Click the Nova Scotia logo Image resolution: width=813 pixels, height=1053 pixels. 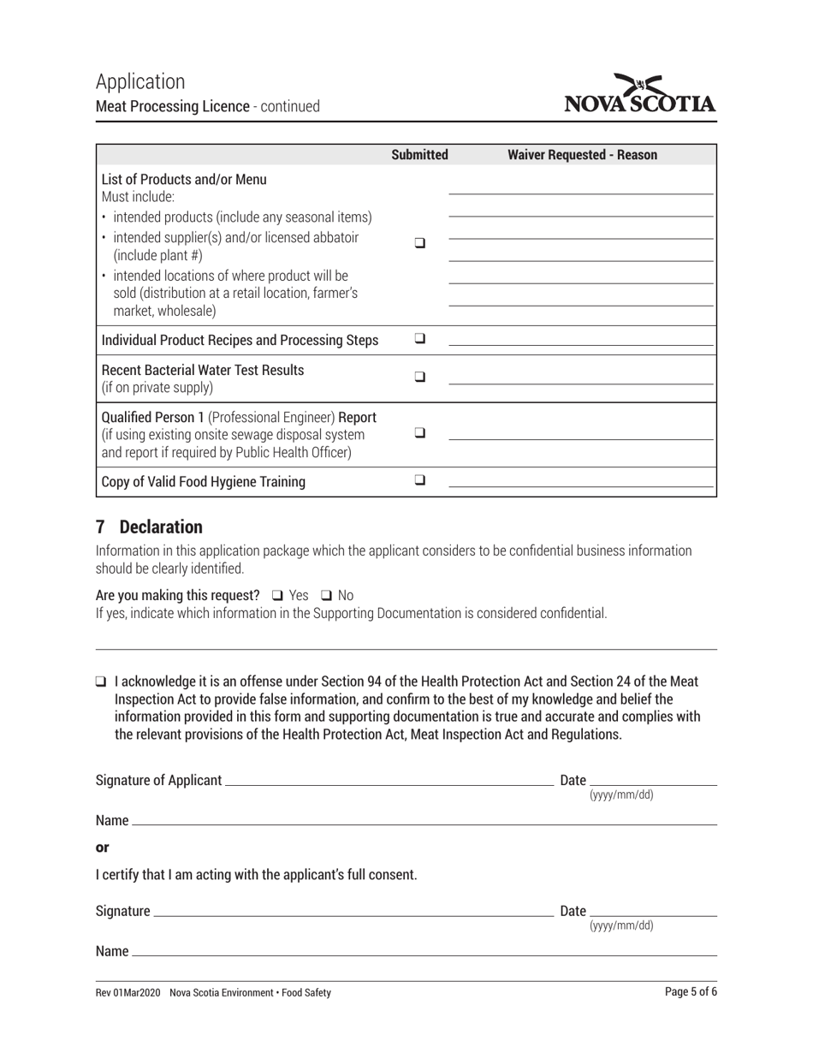pyautogui.click(x=639, y=94)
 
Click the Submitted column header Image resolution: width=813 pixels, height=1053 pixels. pyautogui.click(x=419, y=155)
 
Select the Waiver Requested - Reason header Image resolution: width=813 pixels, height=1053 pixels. pyautogui.click(x=582, y=155)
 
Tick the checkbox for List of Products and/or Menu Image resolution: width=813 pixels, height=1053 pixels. pyautogui.click(x=420, y=243)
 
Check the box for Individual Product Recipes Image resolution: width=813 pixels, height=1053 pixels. pyautogui.click(x=420, y=339)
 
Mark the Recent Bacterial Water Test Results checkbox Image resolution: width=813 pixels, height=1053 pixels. pyautogui.click(x=420, y=377)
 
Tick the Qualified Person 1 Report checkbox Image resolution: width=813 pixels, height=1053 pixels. pyautogui.click(x=420, y=433)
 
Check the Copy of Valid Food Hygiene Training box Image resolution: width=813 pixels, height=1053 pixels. pyautogui.click(x=420, y=480)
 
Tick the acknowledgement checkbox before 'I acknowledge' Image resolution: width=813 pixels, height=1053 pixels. pyautogui.click(x=101, y=682)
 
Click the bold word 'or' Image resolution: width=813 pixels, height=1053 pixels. pyautogui.click(x=103, y=848)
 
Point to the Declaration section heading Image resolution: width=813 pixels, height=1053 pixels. pyautogui.click(x=149, y=526)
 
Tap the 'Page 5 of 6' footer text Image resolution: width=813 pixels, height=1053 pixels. pyautogui.click(x=690, y=992)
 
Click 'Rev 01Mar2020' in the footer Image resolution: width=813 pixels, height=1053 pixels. pyautogui.click(x=128, y=993)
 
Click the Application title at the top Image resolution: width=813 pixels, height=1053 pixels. pyautogui.click(x=140, y=81)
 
